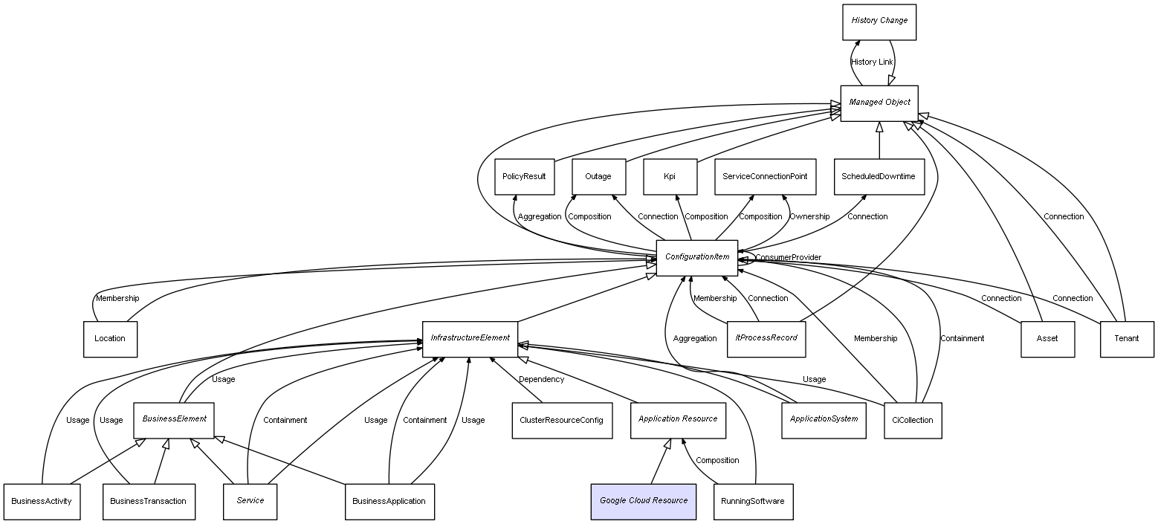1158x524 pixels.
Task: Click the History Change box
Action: (879, 22)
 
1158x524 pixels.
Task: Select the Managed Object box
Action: (879, 103)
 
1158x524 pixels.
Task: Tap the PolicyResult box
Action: (524, 177)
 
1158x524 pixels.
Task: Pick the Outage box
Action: (598, 177)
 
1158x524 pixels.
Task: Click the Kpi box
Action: (670, 177)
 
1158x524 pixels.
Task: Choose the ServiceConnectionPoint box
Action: (765, 177)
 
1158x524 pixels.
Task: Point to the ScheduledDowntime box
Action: (879, 177)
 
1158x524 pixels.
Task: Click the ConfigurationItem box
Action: (697, 257)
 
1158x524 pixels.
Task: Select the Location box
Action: (110, 339)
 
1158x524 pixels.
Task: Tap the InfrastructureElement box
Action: (470, 339)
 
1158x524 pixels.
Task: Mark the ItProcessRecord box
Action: (766, 339)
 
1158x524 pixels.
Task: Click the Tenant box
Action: (1127, 339)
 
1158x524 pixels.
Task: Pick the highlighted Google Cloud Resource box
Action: (644, 501)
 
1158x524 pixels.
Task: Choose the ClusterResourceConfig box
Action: (562, 420)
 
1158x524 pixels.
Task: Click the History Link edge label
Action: (872, 62)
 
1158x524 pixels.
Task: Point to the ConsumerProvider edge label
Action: (788, 258)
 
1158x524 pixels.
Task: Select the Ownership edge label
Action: (809, 217)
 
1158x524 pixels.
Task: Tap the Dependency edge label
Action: (541, 380)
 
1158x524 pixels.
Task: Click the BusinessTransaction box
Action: (149, 501)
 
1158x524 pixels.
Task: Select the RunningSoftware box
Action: (753, 501)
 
